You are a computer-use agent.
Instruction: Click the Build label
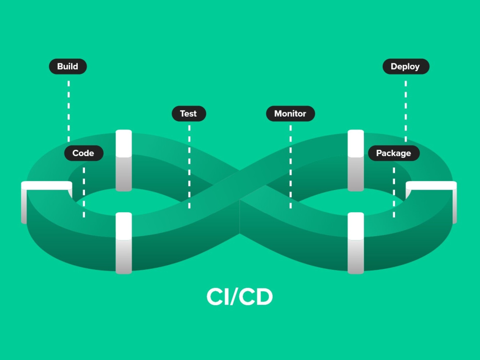click(x=68, y=66)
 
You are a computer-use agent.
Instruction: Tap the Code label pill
click(x=84, y=153)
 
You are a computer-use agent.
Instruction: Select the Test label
click(x=189, y=114)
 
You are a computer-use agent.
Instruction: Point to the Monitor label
click(x=290, y=114)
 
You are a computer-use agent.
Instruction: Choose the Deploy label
click(x=406, y=66)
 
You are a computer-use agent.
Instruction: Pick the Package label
click(x=394, y=153)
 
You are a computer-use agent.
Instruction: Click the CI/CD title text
click(x=240, y=296)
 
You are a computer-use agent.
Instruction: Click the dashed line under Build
click(x=69, y=111)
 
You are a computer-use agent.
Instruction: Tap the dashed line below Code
click(x=84, y=192)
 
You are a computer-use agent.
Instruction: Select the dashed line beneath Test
click(x=189, y=167)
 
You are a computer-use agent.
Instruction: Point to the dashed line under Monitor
click(x=290, y=167)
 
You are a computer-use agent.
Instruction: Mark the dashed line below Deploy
click(x=406, y=111)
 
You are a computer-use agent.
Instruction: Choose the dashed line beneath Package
click(x=394, y=192)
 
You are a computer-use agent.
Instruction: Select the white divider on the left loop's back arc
click(x=124, y=161)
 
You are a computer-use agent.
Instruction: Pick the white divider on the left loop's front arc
click(x=124, y=243)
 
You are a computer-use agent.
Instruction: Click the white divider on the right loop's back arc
click(x=356, y=161)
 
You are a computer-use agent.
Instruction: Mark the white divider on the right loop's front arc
click(x=356, y=243)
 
